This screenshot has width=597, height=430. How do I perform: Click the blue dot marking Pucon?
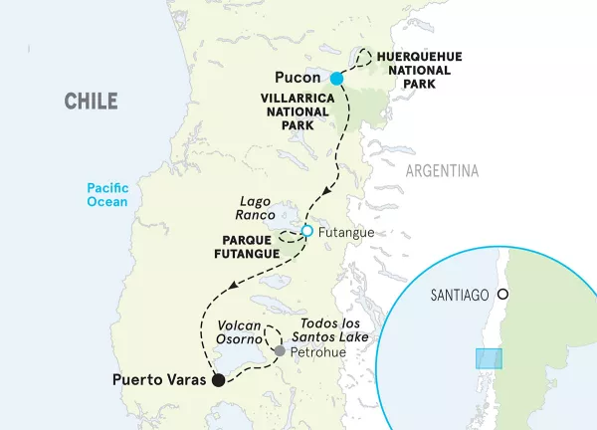336,79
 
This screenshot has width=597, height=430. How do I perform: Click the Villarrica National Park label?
297,112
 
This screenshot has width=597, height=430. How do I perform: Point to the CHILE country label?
91,101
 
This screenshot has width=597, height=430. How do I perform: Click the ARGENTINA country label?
442,171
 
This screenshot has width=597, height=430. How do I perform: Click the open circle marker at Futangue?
306,231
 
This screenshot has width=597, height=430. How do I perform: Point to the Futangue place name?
344,231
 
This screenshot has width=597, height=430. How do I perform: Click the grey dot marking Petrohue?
281,351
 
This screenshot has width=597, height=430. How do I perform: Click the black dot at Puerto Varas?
218,379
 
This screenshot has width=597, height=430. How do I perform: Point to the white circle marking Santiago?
503,295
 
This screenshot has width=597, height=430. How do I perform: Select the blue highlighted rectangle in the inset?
489,358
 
